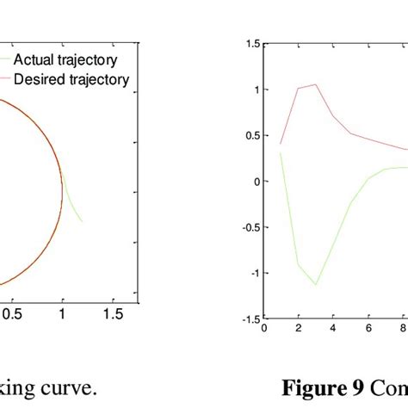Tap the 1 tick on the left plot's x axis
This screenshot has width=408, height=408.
click(61, 315)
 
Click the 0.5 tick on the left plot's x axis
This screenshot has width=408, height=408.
click(10, 315)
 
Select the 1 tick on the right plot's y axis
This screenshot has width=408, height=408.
click(254, 90)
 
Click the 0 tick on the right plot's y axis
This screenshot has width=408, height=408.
click(254, 181)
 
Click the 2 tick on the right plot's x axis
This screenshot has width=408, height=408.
click(298, 328)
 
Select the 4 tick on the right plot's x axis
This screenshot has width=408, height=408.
click(333, 328)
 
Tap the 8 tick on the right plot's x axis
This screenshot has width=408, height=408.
click(403, 328)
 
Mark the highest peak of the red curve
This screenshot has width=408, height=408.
click(316, 84)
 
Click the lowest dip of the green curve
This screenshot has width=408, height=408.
click(316, 284)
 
